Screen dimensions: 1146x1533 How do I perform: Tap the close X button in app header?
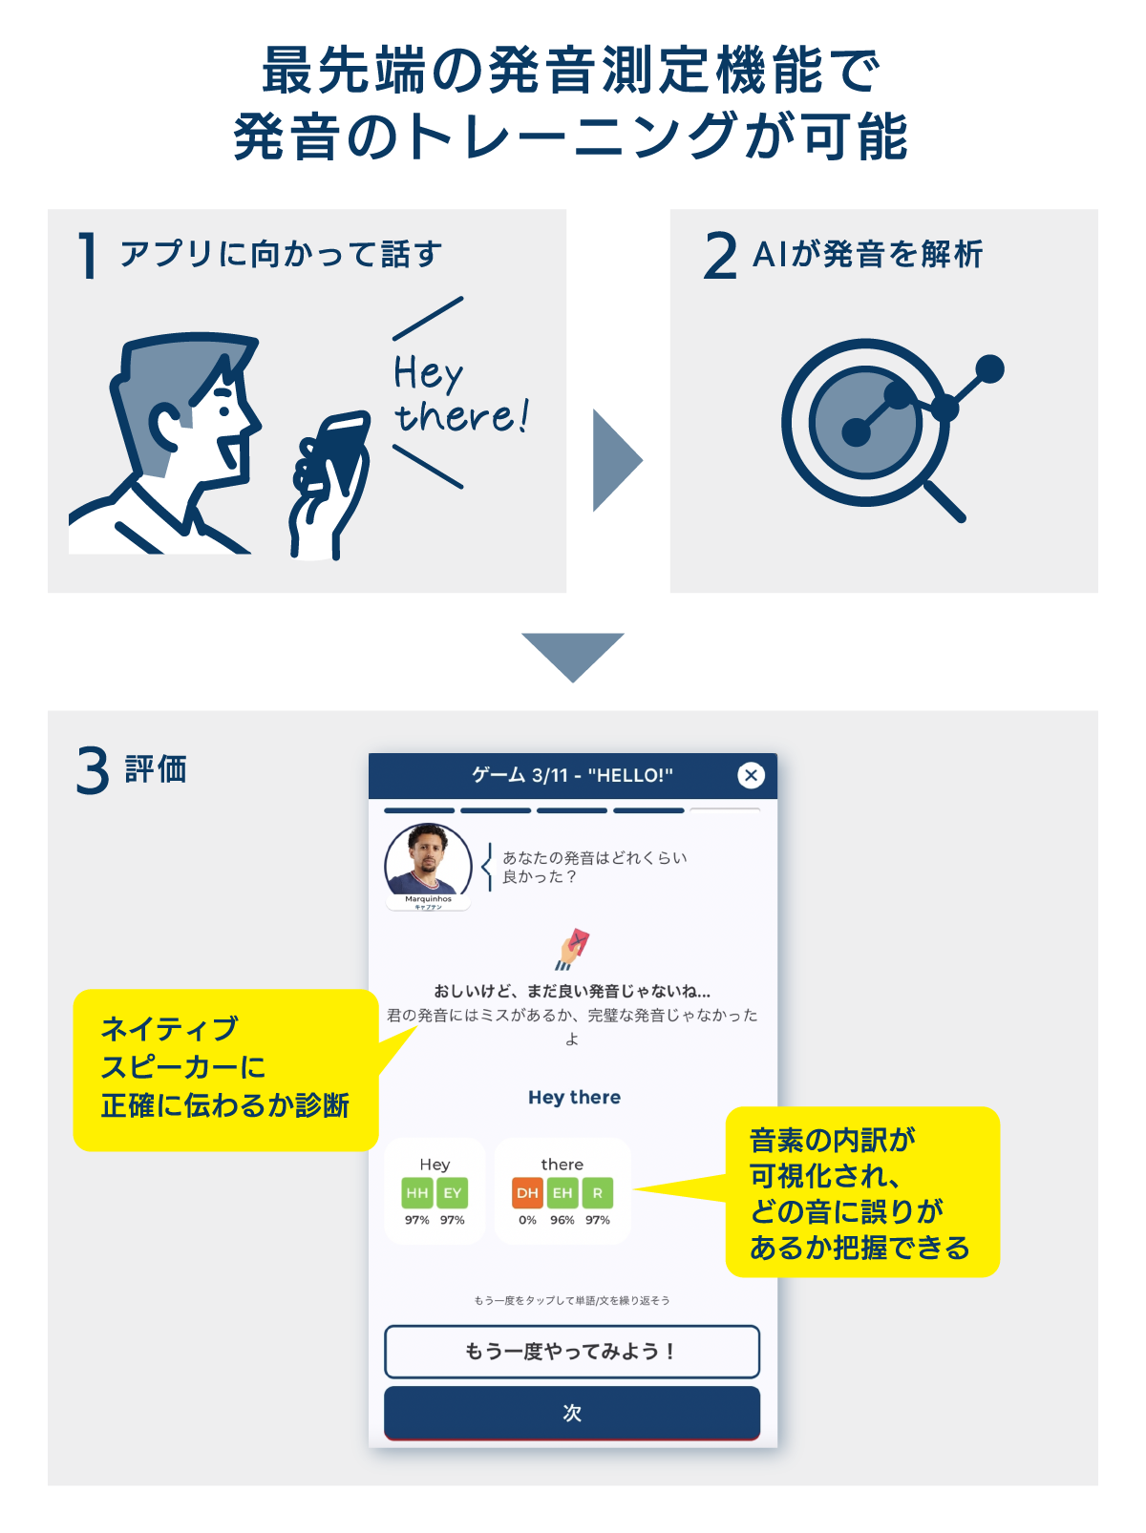[752, 775]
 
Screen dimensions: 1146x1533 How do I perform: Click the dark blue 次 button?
[572, 1413]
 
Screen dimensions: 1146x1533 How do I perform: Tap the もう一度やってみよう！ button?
[572, 1352]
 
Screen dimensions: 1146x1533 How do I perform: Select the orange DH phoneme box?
[527, 1193]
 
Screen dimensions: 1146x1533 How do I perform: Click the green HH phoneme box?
[417, 1193]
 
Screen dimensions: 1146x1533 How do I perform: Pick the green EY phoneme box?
[453, 1193]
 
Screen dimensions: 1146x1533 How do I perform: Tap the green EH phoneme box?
[562, 1193]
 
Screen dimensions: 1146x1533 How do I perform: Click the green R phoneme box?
[598, 1193]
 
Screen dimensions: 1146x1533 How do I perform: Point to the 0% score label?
[527, 1220]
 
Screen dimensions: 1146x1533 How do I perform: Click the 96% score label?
[562, 1220]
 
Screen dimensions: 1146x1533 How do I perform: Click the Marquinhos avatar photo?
[428, 861]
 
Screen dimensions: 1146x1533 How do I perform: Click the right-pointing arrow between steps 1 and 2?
[616, 460]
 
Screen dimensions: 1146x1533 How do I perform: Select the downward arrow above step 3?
[573, 655]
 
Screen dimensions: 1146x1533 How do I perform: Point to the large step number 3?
[93, 770]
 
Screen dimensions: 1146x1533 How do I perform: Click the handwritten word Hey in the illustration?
[428, 372]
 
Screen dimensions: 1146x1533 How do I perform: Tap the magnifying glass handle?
[944, 500]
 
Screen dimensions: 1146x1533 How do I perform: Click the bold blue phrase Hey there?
[574, 1098]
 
